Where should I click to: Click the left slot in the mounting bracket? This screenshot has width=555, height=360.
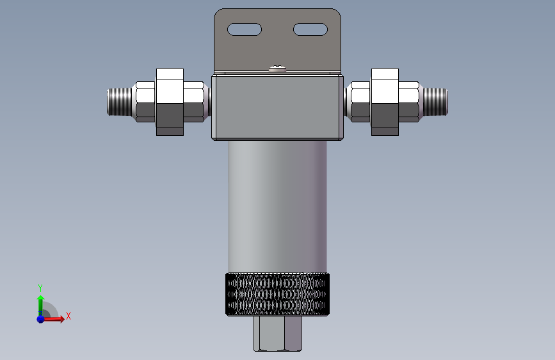(245, 29)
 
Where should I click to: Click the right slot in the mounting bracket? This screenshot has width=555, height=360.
(310, 29)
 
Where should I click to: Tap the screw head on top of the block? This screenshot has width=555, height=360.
(278, 69)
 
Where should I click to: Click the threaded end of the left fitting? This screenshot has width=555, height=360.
(119, 102)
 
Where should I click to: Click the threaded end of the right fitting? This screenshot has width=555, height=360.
(436, 102)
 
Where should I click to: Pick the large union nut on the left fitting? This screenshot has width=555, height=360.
(170, 102)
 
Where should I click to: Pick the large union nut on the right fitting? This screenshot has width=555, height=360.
(385, 102)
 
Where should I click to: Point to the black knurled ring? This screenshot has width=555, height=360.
(278, 294)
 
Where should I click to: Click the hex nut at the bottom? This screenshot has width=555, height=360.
(278, 334)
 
